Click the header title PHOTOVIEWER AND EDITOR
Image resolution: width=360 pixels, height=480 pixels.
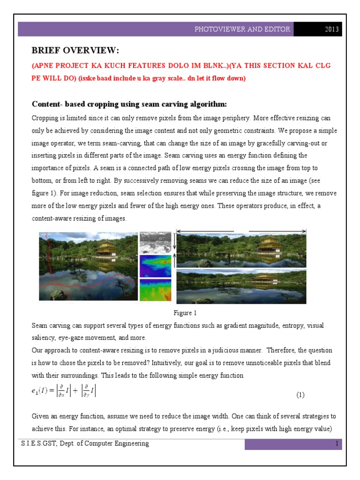tap(242, 30)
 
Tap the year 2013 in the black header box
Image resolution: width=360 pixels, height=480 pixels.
tap(332, 30)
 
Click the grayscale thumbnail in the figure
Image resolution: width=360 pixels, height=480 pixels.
tap(156, 242)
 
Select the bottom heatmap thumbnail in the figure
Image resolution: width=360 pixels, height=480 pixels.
tap(156, 290)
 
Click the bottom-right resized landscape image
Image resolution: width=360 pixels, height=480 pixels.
tap(241, 286)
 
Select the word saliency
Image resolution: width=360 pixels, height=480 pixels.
tap(43, 338)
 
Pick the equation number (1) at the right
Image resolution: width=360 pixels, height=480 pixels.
tap(300, 395)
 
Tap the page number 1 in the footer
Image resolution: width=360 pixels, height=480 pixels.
tap(337, 444)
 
